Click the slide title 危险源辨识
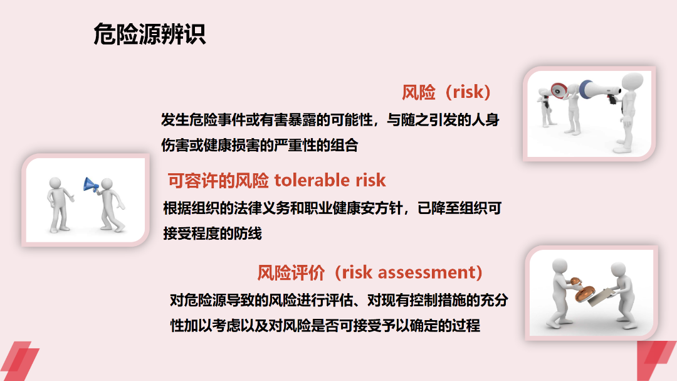(x=149, y=34)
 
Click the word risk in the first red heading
(x=468, y=92)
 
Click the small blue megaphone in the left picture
(x=90, y=185)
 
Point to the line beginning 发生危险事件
(x=330, y=120)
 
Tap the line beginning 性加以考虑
(x=325, y=326)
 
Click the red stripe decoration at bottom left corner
(x=19, y=361)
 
